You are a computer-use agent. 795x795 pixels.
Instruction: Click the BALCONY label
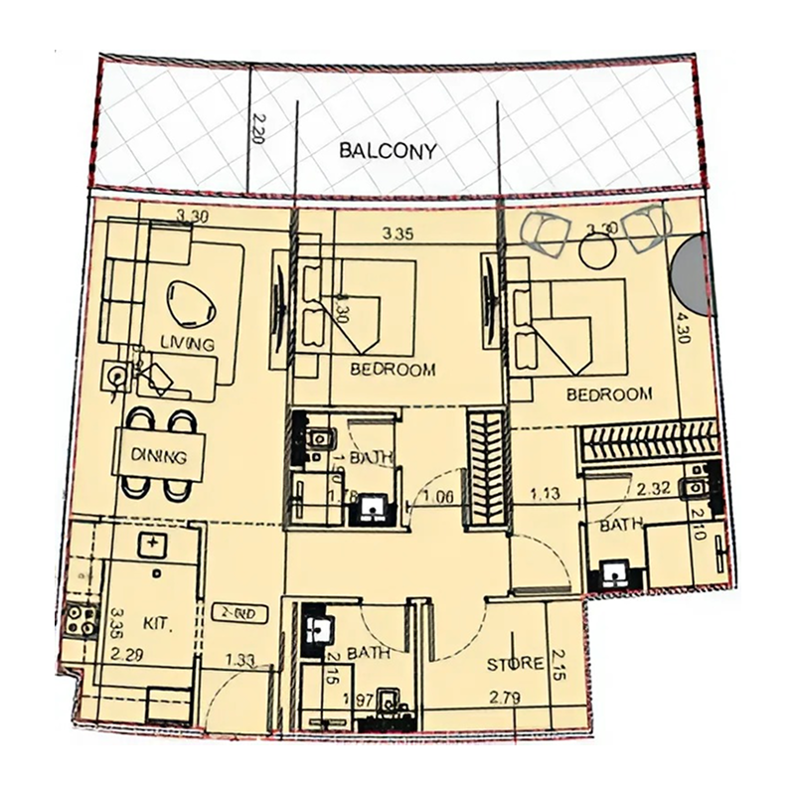click(x=388, y=152)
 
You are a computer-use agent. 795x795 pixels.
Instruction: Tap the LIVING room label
click(x=187, y=345)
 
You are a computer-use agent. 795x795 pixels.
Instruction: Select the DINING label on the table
click(x=160, y=458)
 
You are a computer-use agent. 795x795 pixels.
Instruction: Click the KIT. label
click(x=158, y=625)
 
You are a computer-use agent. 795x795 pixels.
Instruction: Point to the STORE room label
click(x=514, y=664)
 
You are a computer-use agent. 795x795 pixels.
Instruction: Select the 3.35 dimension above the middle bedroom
click(x=397, y=236)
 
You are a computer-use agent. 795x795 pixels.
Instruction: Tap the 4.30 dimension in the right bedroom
click(x=683, y=329)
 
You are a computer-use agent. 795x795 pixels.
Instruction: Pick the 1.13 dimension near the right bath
click(x=545, y=491)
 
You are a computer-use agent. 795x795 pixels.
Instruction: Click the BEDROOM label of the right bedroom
click(x=609, y=395)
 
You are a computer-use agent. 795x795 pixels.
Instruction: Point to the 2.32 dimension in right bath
click(x=654, y=488)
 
